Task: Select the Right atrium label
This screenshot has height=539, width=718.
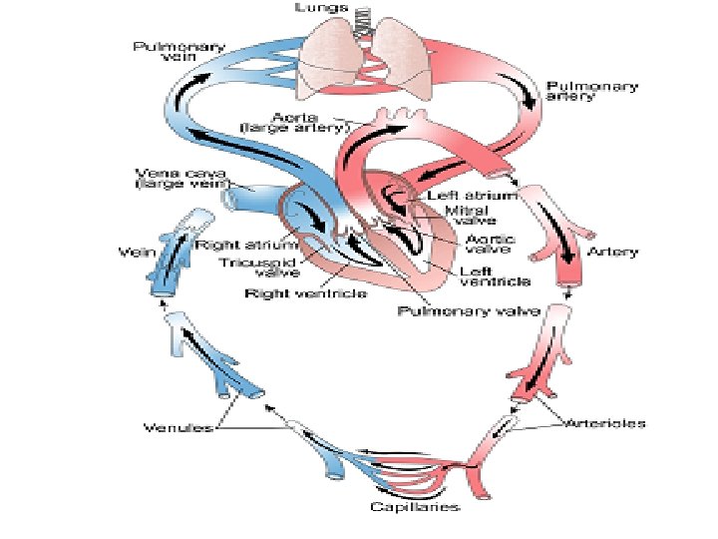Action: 246,244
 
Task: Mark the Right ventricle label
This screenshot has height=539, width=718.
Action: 292,293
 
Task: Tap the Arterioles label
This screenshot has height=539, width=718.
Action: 605,422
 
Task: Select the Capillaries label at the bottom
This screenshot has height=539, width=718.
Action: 413,508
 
